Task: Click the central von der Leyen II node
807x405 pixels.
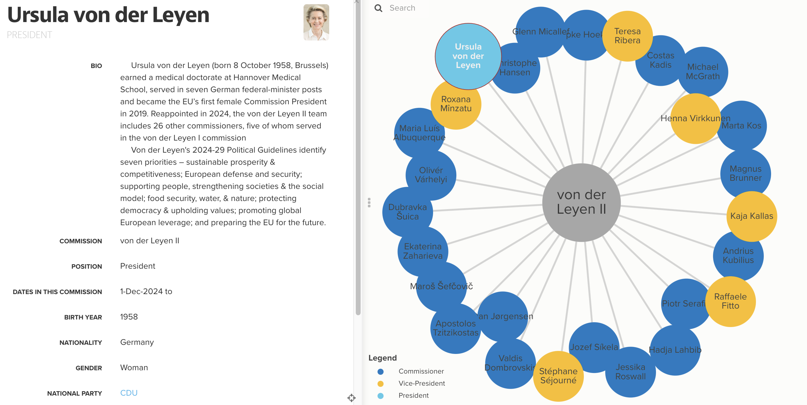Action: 581,202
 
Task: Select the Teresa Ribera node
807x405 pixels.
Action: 627,36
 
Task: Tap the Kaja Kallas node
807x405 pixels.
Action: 751,216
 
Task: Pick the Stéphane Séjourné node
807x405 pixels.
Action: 558,376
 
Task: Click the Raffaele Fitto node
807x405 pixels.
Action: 730,301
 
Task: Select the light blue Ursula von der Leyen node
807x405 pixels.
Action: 468,56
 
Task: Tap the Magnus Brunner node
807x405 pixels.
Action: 745,173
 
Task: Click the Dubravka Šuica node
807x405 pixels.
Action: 407,212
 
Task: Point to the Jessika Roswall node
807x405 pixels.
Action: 630,372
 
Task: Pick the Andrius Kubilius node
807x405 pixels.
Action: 738,255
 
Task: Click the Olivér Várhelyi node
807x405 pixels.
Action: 431,175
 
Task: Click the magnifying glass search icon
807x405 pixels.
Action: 378,8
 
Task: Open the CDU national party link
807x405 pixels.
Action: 129,393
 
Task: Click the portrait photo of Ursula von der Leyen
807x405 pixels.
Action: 316,22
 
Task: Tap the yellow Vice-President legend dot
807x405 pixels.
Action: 380,383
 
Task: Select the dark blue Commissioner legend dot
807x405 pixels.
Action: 380,371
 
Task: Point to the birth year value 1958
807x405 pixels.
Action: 129,317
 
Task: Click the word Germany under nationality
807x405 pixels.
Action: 137,342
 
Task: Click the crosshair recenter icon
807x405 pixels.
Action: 351,398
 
